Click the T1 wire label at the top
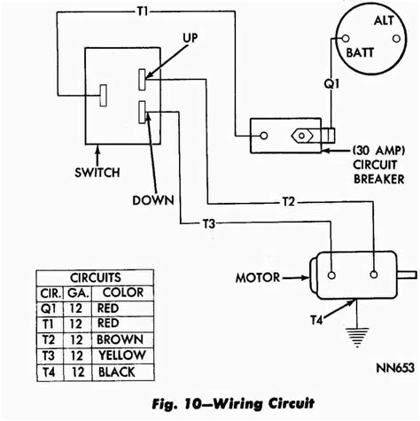[x=143, y=12]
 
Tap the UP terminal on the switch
[x=142, y=79]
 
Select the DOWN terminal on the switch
[x=142, y=112]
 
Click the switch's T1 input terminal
[x=103, y=96]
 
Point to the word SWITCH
[x=97, y=173]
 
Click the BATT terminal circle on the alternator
[x=346, y=39]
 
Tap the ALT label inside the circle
[x=384, y=20]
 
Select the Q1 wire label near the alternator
[x=331, y=84]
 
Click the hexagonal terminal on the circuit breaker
[x=301, y=136]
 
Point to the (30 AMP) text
[x=378, y=151]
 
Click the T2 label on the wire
[x=289, y=202]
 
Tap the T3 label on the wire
[x=209, y=223]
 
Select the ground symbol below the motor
[x=358, y=337]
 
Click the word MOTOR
[x=258, y=277]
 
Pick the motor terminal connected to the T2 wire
[x=374, y=275]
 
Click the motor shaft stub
[x=407, y=276]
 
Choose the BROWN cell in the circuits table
[x=120, y=339]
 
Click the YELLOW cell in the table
[x=121, y=355]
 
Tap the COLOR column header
[x=123, y=292]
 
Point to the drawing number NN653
[x=395, y=368]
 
